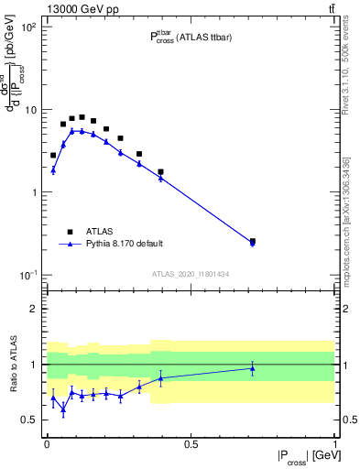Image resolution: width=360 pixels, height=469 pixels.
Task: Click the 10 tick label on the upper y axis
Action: pos(29,110)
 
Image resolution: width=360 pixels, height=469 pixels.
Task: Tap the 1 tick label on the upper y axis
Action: pos(33,192)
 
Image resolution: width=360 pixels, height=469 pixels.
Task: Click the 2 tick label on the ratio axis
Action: pos(33,309)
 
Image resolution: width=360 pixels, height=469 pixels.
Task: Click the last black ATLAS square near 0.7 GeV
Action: pos(253,242)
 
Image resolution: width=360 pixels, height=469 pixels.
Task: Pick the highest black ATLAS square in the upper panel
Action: pos(82,117)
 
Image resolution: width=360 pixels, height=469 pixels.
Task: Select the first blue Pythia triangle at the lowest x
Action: pos(53,170)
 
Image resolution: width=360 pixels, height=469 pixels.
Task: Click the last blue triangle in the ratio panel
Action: pos(253,368)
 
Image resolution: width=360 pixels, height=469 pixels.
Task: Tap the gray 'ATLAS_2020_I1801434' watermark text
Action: pos(191,274)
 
